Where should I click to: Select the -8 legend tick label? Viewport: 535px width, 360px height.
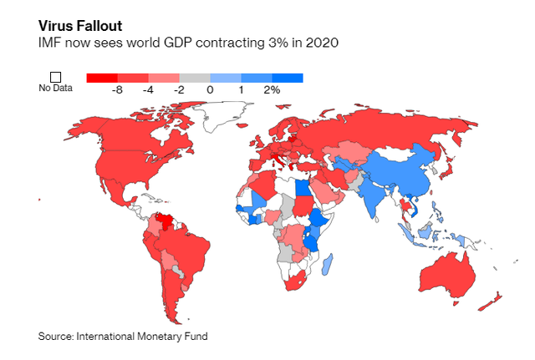pyautogui.click(x=118, y=89)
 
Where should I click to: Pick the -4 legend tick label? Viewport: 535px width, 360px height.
pyautogui.click(x=149, y=89)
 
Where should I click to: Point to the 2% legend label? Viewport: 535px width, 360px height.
pyautogui.click(x=272, y=89)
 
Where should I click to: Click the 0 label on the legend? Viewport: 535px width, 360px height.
pyautogui.click(x=210, y=89)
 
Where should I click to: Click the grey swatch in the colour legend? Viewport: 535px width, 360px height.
pyautogui.click(x=195, y=78)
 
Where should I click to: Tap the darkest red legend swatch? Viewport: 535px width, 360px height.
pyautogui.click(x=102, y=78)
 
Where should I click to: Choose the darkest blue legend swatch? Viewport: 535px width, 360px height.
pyautogui.click(x=288, y=78)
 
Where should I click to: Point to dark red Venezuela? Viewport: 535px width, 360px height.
pyautogui.click(x=171, y=223)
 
